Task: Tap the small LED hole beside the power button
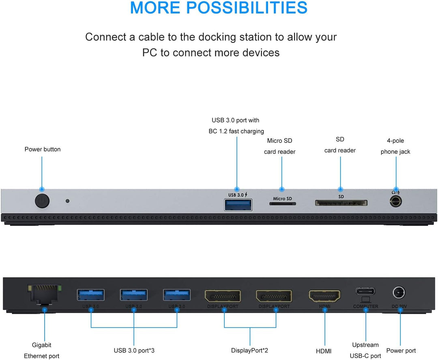click(x=68, y=201)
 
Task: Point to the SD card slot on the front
click(x=341, y=203)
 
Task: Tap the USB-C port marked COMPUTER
click(x=365, y=291)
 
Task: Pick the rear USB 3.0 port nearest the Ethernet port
click(x=91, y=295)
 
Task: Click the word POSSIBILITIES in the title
click(x=251, y=8)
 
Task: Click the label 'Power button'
click(x=43, y=149)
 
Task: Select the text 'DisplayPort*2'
click(x=250, y=351)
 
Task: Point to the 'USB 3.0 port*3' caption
click(x=134, y=351)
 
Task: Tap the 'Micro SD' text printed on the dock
click(x=282, y=198)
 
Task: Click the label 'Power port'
click(x=401, y=351)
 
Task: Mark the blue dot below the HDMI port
click(x=324, y=310)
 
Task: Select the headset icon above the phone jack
click(x=395, y=193)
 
